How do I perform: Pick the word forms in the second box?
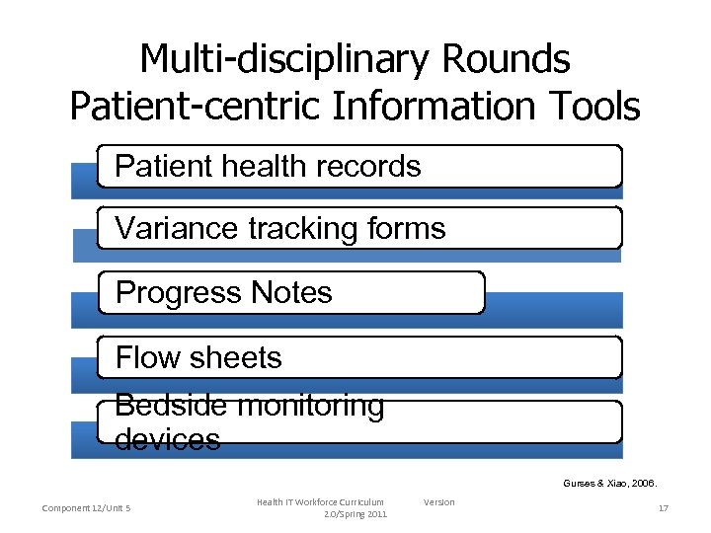tap(406, 228)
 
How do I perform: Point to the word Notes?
tap(291, 292)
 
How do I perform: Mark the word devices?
tap(168, 438)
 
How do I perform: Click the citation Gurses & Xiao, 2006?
tap(609, 484)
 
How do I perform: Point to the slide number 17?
tap(664, 508)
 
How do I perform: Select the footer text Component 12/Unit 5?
tap(87, 508)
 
